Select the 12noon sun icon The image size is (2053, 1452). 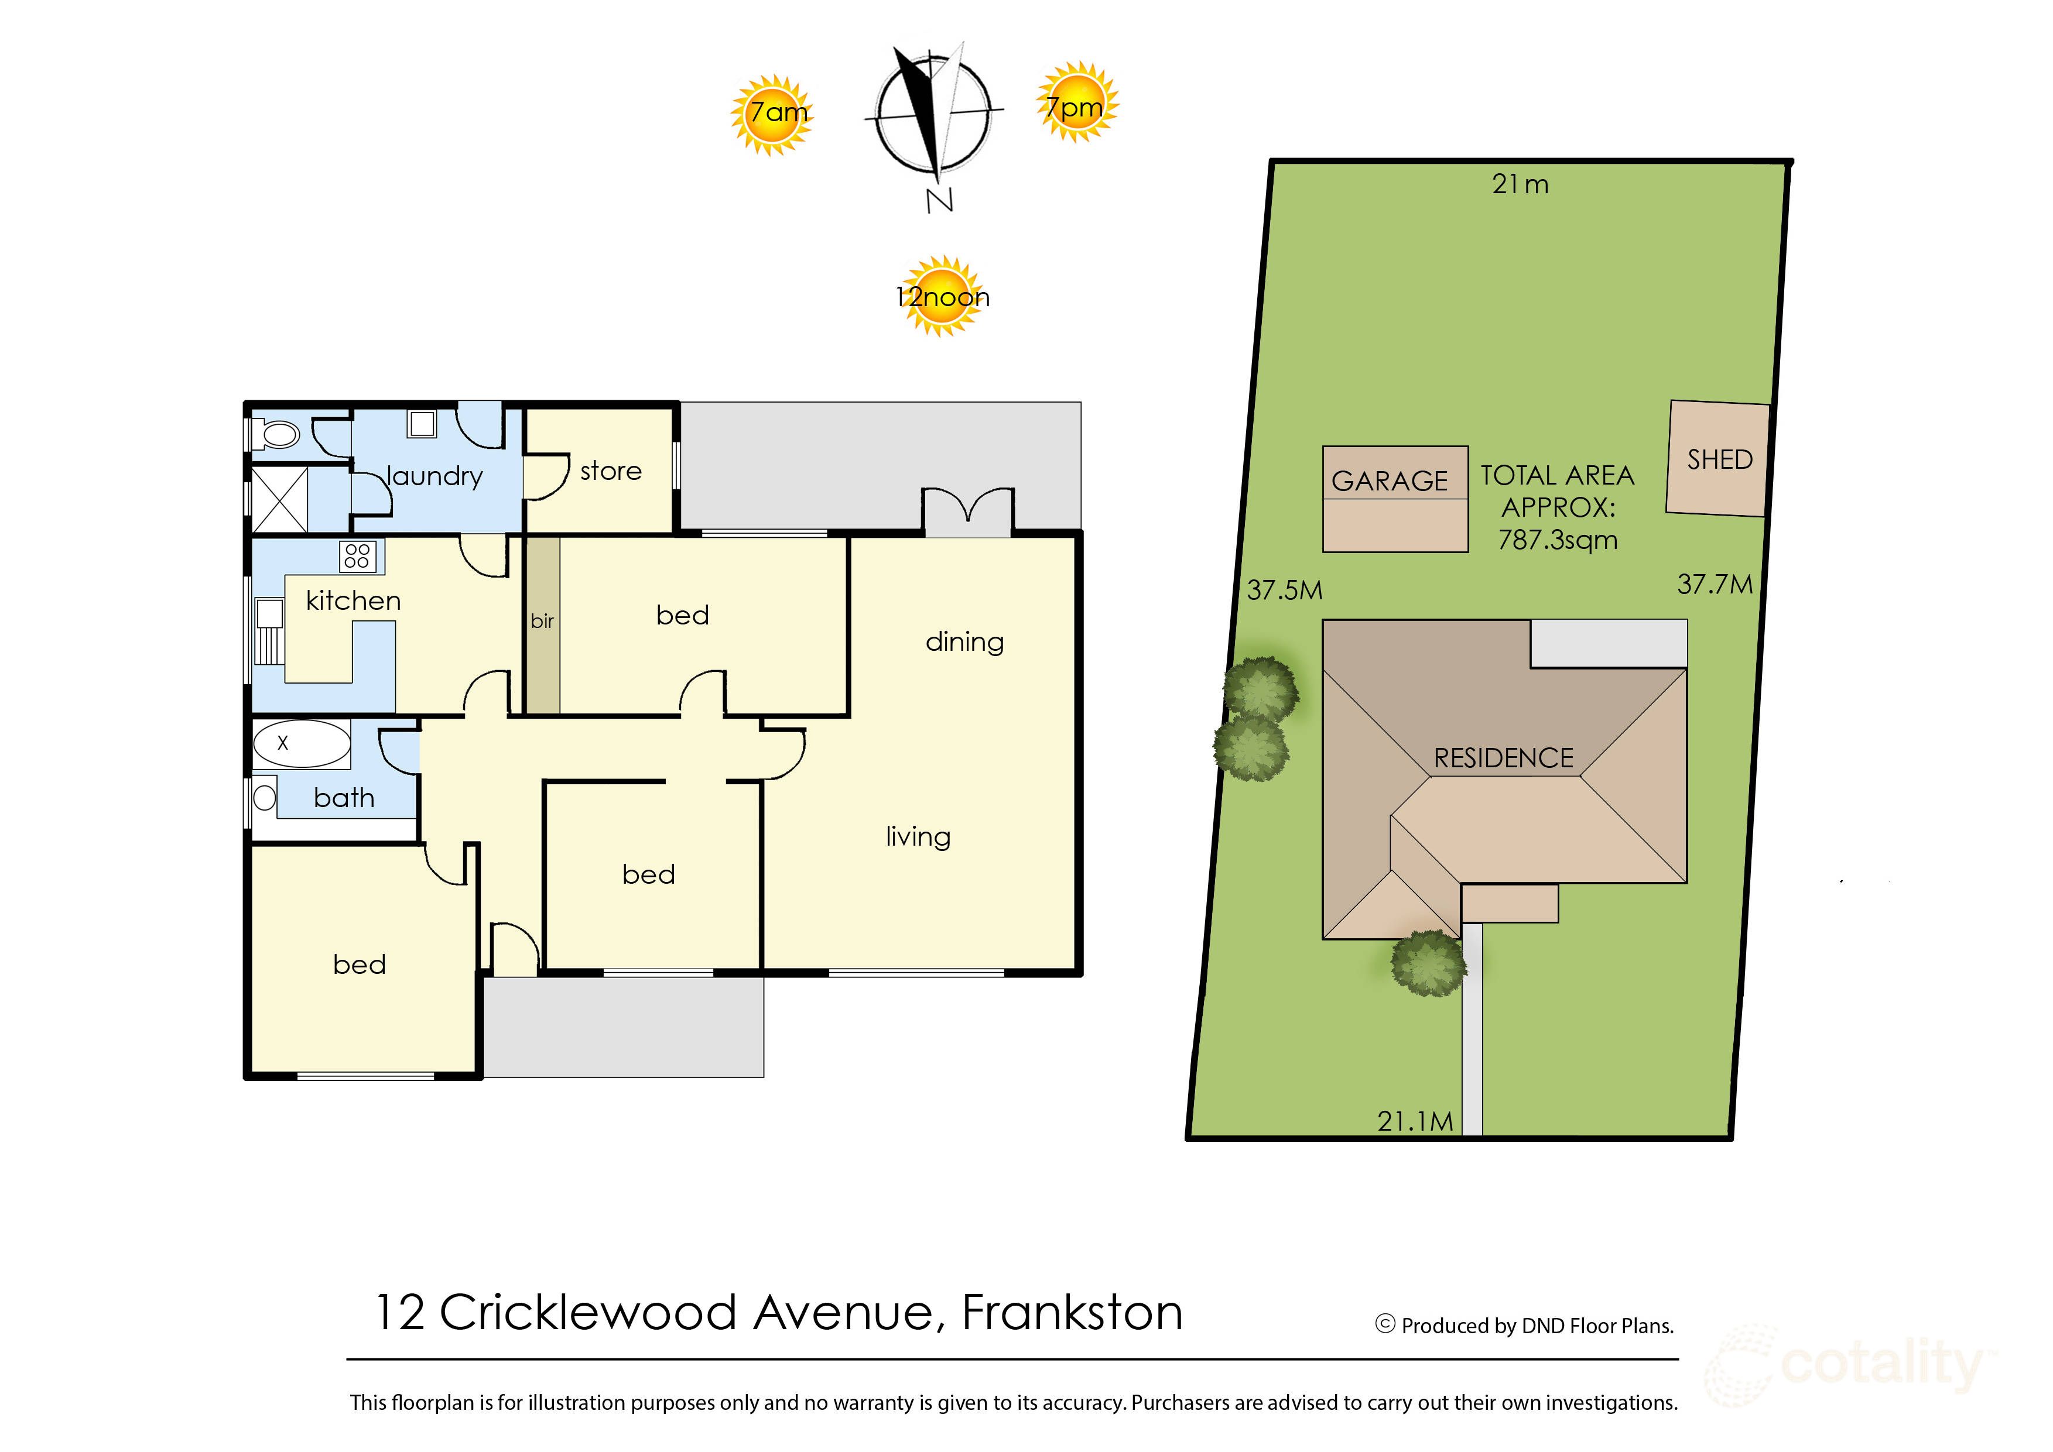click(x=942, y=296)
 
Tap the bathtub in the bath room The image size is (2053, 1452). click(x=302, y=744)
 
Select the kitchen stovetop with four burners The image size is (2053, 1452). click(x=357, y=556)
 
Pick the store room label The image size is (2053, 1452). click(x=611, y=471)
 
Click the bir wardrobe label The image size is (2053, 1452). click(x=542, y=620)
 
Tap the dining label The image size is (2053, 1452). click(x=964, y=642)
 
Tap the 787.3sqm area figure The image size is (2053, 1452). click(x=1558, y=540)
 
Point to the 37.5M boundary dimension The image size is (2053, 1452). click(x=1285, y=590)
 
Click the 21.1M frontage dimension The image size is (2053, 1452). click(x=1415, y=1121)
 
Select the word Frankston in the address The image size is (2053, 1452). click(x=1072, y=1313)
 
